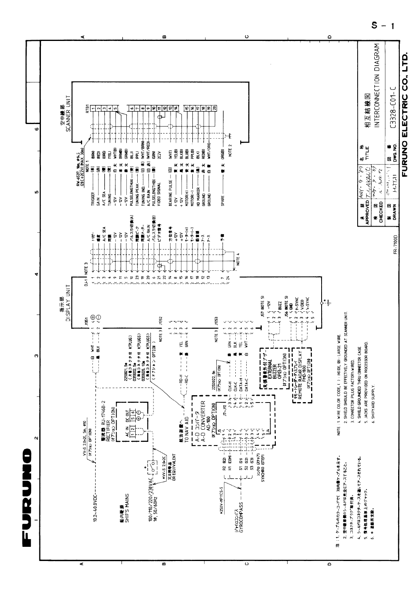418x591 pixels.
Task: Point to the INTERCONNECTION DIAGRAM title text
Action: click(376, 86)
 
